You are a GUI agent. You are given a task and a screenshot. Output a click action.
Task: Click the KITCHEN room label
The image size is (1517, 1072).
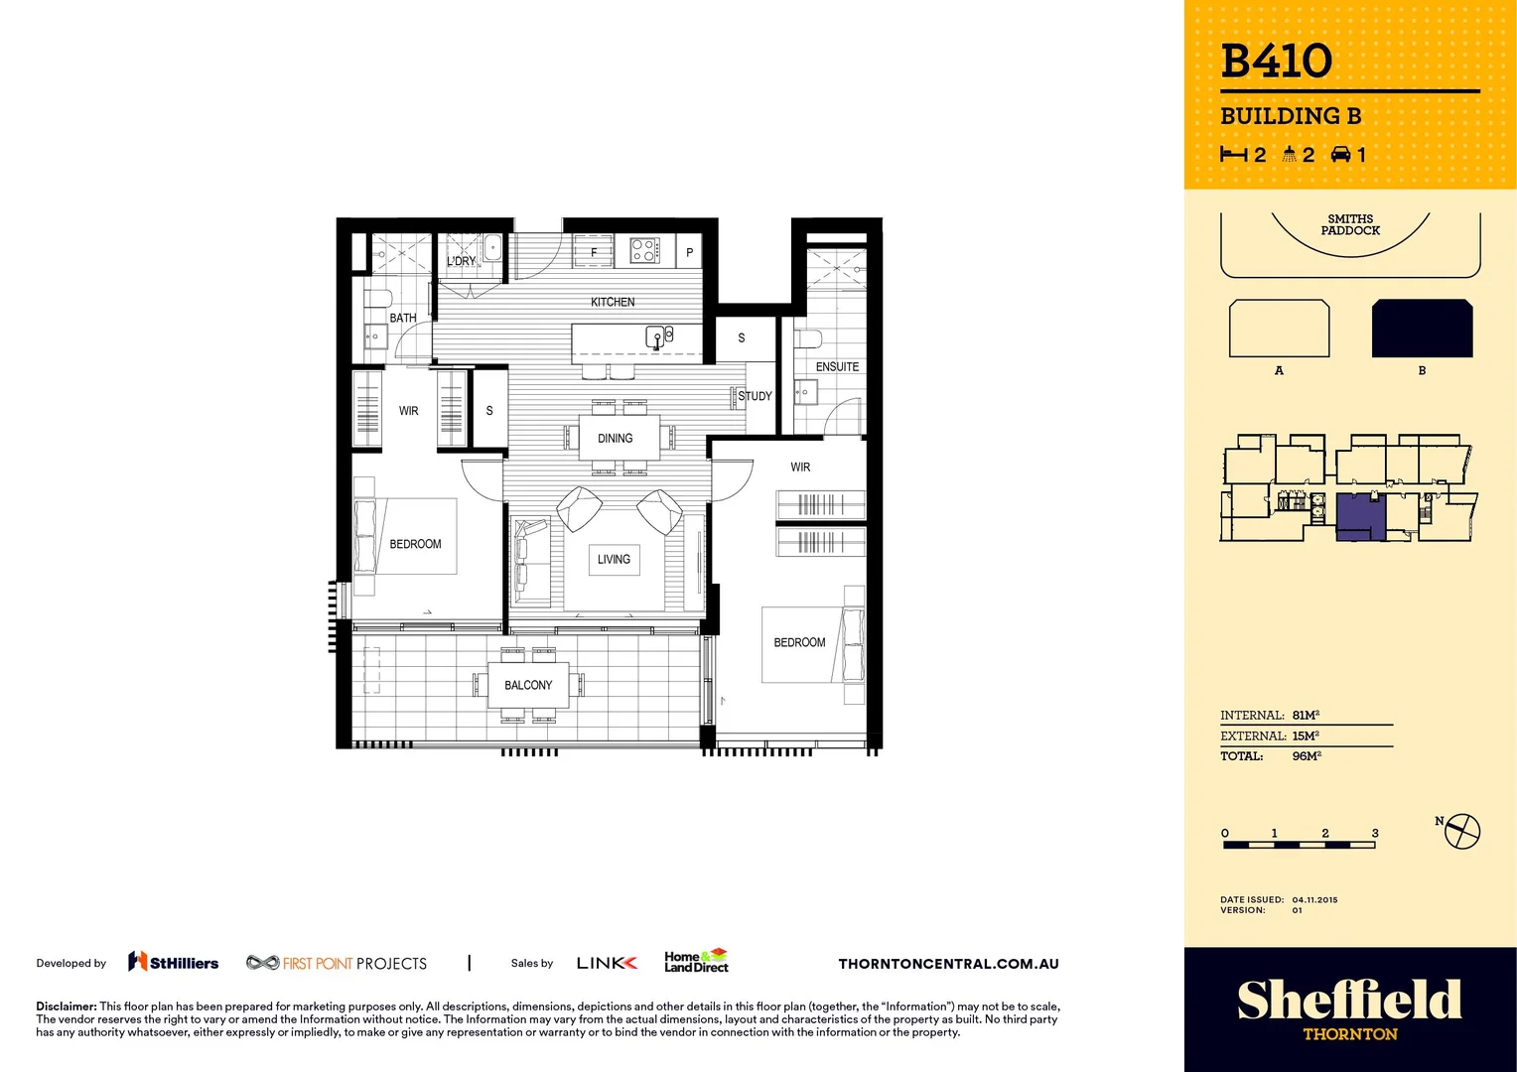click(613, 302)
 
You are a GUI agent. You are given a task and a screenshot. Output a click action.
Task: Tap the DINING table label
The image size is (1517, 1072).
click(616, 438)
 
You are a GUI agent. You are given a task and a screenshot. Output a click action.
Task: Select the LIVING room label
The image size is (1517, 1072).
click(614, 559)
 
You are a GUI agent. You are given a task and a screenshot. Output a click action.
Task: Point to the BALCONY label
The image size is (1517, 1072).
click(528, 685)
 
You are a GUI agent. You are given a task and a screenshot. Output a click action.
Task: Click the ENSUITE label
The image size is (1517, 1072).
click(837, 366)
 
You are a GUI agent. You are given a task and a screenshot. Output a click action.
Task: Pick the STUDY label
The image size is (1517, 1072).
click(755, 396)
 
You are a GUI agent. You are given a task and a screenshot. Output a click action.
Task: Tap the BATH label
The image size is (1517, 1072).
click(403, 318)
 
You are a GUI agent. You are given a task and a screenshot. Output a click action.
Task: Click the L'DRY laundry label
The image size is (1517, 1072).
click(462, 261)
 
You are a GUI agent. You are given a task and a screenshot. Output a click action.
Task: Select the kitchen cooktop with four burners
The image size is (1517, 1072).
click(644, 250)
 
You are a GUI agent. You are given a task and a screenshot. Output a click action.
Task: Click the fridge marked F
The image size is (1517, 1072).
click(594, 252)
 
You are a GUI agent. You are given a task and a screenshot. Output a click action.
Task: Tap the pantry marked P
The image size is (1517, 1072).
click(689, 252)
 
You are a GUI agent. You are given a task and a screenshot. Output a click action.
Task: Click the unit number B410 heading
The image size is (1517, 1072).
click(1277, 61)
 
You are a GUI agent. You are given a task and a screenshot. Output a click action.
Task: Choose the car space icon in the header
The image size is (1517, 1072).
click(1340, 154)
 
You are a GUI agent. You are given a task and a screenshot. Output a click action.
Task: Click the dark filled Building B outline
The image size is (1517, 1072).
click(1422, 329)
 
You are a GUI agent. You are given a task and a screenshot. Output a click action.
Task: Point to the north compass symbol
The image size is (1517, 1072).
click(1461, 831)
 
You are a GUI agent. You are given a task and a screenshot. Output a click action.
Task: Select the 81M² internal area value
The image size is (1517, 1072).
click(1306, 715)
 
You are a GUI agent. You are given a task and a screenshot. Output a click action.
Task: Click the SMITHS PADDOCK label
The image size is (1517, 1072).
click(1350, 224)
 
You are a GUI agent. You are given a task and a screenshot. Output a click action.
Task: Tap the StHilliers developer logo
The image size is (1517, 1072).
click(174, 962)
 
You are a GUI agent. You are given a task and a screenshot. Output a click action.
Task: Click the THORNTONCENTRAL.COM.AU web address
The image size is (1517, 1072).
click(948, 964)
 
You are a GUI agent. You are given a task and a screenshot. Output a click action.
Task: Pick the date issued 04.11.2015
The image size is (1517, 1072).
click(1314, 899)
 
